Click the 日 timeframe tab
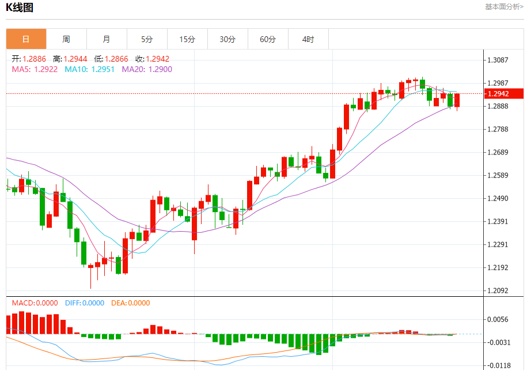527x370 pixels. pos(26,39)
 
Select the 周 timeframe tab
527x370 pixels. pos(66,39)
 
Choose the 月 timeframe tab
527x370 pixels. pos(107,39)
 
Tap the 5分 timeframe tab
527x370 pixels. pos(147,39)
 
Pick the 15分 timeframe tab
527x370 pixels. pos(187,39)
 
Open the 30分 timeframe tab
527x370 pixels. pos(228,39)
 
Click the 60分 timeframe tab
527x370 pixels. pos(268,39)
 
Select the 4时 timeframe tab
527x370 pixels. pos(308,39)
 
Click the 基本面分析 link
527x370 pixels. pos(504,7)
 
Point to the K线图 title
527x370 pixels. pos(20,7)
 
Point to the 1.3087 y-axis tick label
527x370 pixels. pos(499,60)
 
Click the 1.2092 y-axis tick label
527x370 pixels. pos(499,290)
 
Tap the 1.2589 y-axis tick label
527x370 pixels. pos(499,176)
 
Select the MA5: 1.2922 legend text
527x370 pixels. pos(35,69)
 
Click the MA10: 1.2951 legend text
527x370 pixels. pos(89,69)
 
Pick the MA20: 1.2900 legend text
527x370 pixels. pos(147,69)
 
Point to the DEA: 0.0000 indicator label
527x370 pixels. pos(130,303)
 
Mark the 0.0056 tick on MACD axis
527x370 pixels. pos(499,319)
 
